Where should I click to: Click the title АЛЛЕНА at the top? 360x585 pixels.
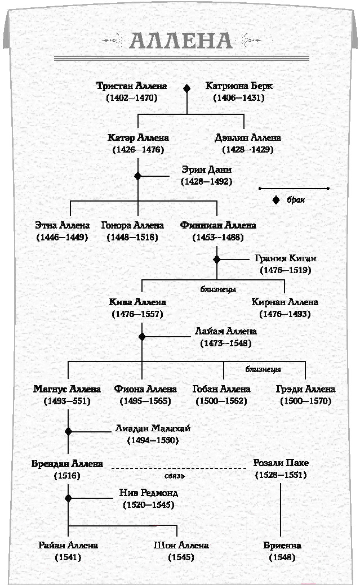coord(181,41)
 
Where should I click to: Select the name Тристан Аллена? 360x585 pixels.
coord(131,86)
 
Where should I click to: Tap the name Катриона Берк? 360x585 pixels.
coord(239,86)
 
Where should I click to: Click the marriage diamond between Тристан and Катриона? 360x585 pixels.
coord(186,88)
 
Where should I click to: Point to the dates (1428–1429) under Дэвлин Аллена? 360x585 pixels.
coord(248,150)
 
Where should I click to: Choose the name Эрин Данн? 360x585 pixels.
coord(207,169)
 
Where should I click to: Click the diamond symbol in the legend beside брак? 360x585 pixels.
coord(276,200)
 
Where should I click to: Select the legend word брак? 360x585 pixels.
coord(296,200)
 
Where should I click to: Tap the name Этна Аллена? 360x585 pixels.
coord(63,225)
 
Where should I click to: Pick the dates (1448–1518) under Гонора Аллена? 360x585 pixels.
coord(132,237)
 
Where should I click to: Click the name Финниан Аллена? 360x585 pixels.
coord(218,225)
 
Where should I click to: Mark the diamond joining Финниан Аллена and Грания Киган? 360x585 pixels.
coord(216,260)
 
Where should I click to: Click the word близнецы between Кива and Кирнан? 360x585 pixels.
coord(218,289)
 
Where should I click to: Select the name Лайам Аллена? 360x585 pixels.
coord(226,331)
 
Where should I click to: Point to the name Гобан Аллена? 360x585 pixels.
coord(221,389)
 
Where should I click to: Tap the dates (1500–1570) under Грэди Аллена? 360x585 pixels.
coord(306,401)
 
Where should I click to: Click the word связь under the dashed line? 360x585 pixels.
coord(175,476)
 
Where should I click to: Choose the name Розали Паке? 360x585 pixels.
coord(281,463)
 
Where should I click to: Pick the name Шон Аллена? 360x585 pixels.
coord(181,546)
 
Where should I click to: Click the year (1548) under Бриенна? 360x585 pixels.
coord(282,557)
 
